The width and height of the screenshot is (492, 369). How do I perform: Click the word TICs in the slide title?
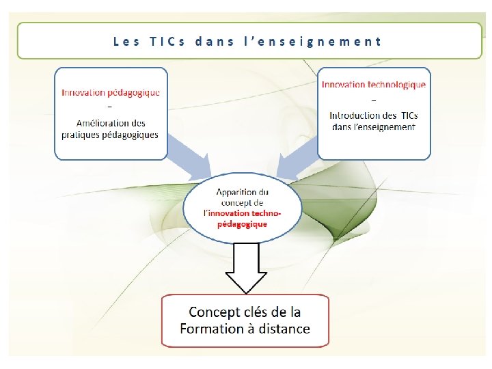coord(167,41)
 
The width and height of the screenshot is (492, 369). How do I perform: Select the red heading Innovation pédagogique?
coord(111,93)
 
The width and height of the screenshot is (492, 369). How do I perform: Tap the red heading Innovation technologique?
coord(374,85)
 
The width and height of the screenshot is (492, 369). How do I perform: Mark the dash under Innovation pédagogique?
coord(111,108)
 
